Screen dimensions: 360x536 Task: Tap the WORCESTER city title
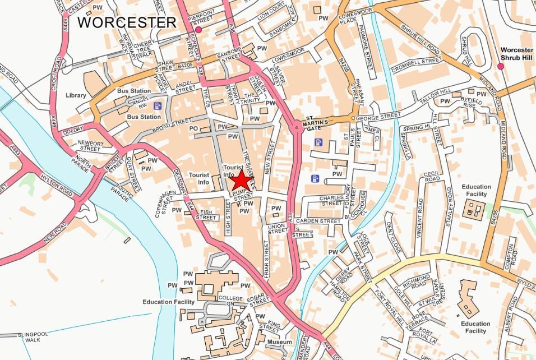(127, 22)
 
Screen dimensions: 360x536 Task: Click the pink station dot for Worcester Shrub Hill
(501, 67)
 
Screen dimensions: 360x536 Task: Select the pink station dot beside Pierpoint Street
(198, 29)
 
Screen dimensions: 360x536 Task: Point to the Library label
(76, 95)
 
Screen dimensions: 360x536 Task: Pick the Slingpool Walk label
(37, 337)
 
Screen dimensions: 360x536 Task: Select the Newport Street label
(90, 146)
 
